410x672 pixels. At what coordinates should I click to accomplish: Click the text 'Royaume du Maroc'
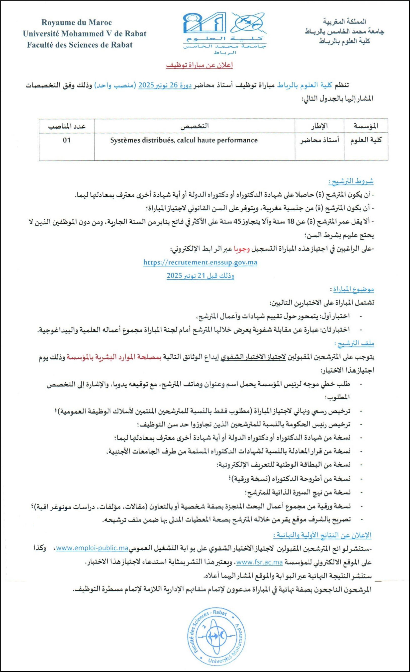coord(76,22)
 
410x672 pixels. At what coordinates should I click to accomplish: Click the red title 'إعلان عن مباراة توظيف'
coord(200,66)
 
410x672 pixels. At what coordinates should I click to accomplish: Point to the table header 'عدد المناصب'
coord(67,126)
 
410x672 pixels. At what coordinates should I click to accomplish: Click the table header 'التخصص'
coord(195,126)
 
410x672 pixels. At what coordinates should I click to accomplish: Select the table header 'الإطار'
coord(319,126)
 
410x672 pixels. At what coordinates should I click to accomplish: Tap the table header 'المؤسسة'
coord(366,126)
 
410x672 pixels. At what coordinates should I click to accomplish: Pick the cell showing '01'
coord(67,140)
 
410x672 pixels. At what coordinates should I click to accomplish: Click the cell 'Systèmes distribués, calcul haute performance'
coord(184,140)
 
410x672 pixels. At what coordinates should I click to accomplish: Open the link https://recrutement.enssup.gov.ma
coord(200,262)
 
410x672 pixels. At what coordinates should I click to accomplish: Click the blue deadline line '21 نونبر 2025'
coord(200,276)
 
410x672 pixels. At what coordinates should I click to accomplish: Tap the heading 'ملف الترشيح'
coord(354,343)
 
